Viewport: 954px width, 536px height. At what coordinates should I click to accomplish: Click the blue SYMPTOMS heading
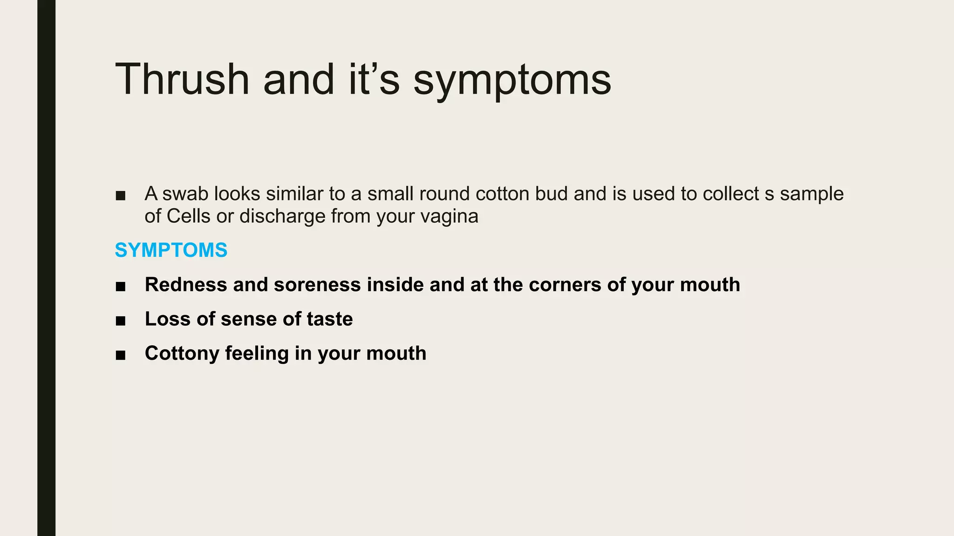pos(171,250)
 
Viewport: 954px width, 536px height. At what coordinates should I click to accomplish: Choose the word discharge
pos(282,216)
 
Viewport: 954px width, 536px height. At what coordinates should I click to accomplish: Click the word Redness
pos(186,285)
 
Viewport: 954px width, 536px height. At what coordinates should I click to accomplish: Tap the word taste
pos(330,319)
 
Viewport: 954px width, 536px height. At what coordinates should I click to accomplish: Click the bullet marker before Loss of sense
pos(121,321)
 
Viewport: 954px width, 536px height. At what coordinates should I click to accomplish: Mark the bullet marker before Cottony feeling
pos(121,355)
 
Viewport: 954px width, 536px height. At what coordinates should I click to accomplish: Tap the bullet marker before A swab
pos(121,195)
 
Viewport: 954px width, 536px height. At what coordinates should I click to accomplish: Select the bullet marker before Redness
pos(121,286)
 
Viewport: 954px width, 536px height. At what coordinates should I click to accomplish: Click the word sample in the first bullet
pos(811,194)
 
